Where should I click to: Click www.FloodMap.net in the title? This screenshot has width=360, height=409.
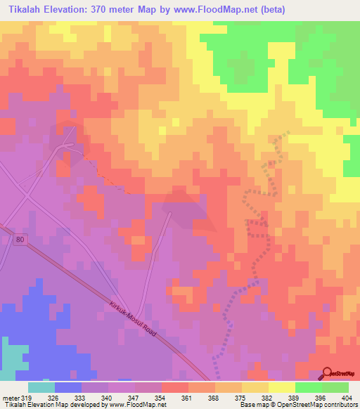[x=234, y=9]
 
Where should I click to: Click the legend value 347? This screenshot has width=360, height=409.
[x=135, y=397]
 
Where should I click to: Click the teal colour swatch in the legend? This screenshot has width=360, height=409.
[x=41, y=387]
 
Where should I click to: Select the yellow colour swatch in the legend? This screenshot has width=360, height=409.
[x=281, y=387]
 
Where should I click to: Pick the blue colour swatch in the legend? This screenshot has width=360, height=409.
[x=68, y=387]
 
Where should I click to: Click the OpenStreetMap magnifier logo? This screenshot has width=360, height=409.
[x=328, y=373]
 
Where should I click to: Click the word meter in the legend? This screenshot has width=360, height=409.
[x=11, y=397]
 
